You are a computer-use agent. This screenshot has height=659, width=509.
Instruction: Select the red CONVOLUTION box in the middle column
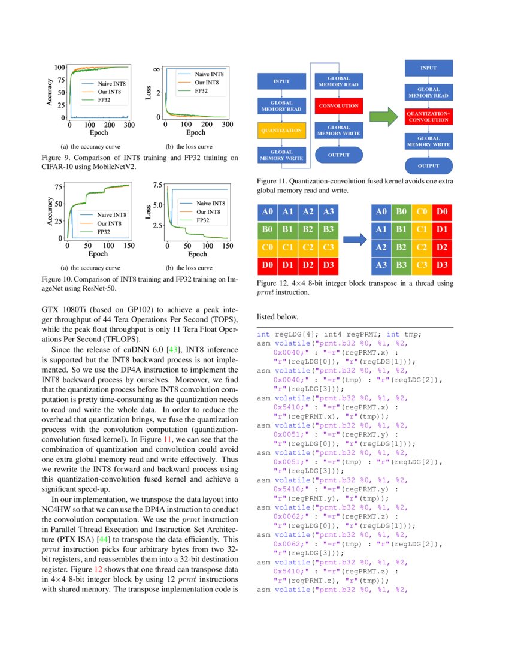tap(339, 107)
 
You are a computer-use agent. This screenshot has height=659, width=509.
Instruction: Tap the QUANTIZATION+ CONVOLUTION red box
tap(429, 116)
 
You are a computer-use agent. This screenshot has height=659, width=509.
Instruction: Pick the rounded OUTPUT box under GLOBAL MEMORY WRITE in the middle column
tap(339, 155)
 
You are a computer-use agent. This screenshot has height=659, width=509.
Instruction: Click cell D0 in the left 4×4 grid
tap(268, 265)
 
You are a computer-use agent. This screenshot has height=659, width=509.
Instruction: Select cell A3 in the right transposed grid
tap(381, 265)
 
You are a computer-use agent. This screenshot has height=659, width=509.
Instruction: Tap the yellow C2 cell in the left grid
tap(308, 247)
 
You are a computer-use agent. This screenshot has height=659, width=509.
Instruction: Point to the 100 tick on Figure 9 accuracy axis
tap(60, 68)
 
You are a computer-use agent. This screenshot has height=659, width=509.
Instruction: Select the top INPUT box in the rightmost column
tap(429, 68)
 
